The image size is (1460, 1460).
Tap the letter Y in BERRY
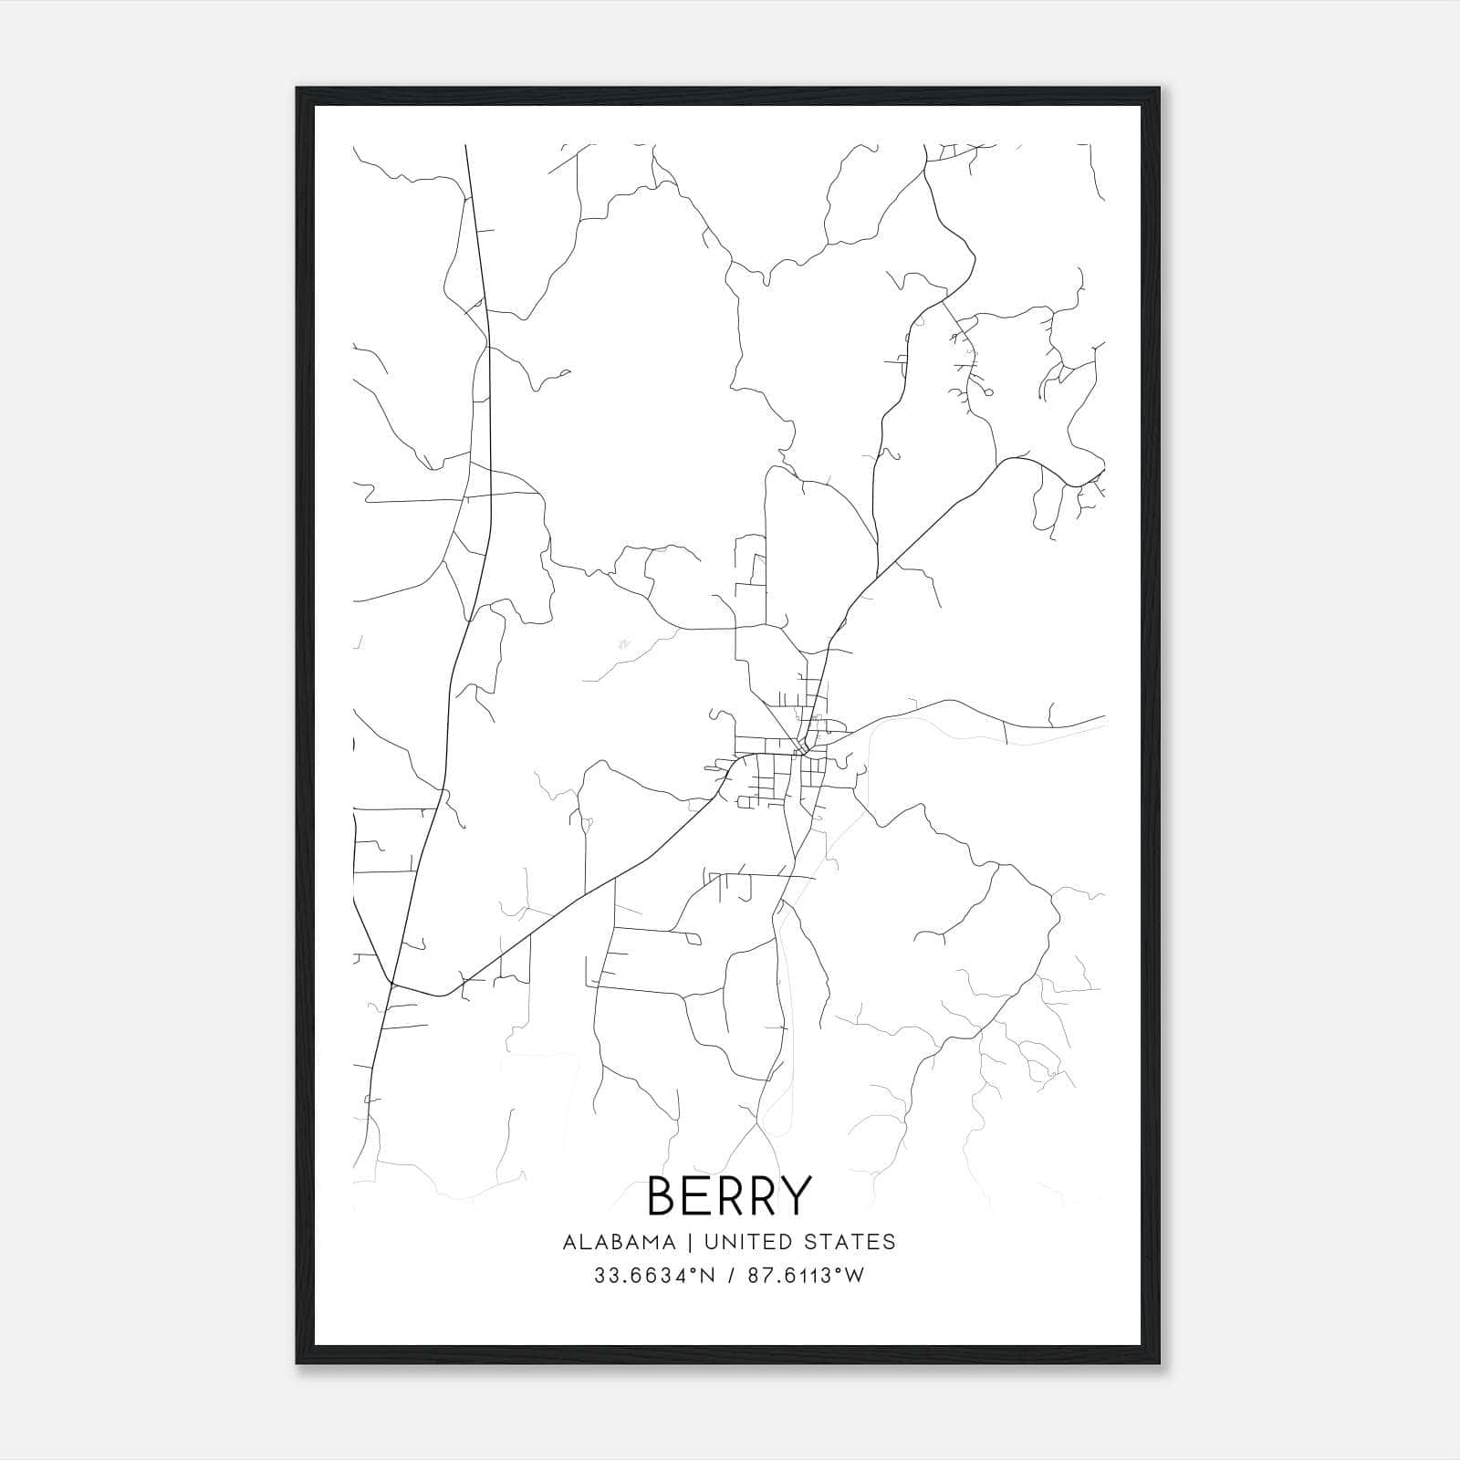(x=794, y=1196)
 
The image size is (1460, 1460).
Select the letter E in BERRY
(x=698, y=1196)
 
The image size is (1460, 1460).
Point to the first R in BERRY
(x=729, y=1196)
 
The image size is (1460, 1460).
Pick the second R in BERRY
(x=761, y=1196)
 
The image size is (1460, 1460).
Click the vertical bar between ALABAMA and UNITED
(x=690, y=1242)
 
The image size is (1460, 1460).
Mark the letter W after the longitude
(x=853, y=1276)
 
